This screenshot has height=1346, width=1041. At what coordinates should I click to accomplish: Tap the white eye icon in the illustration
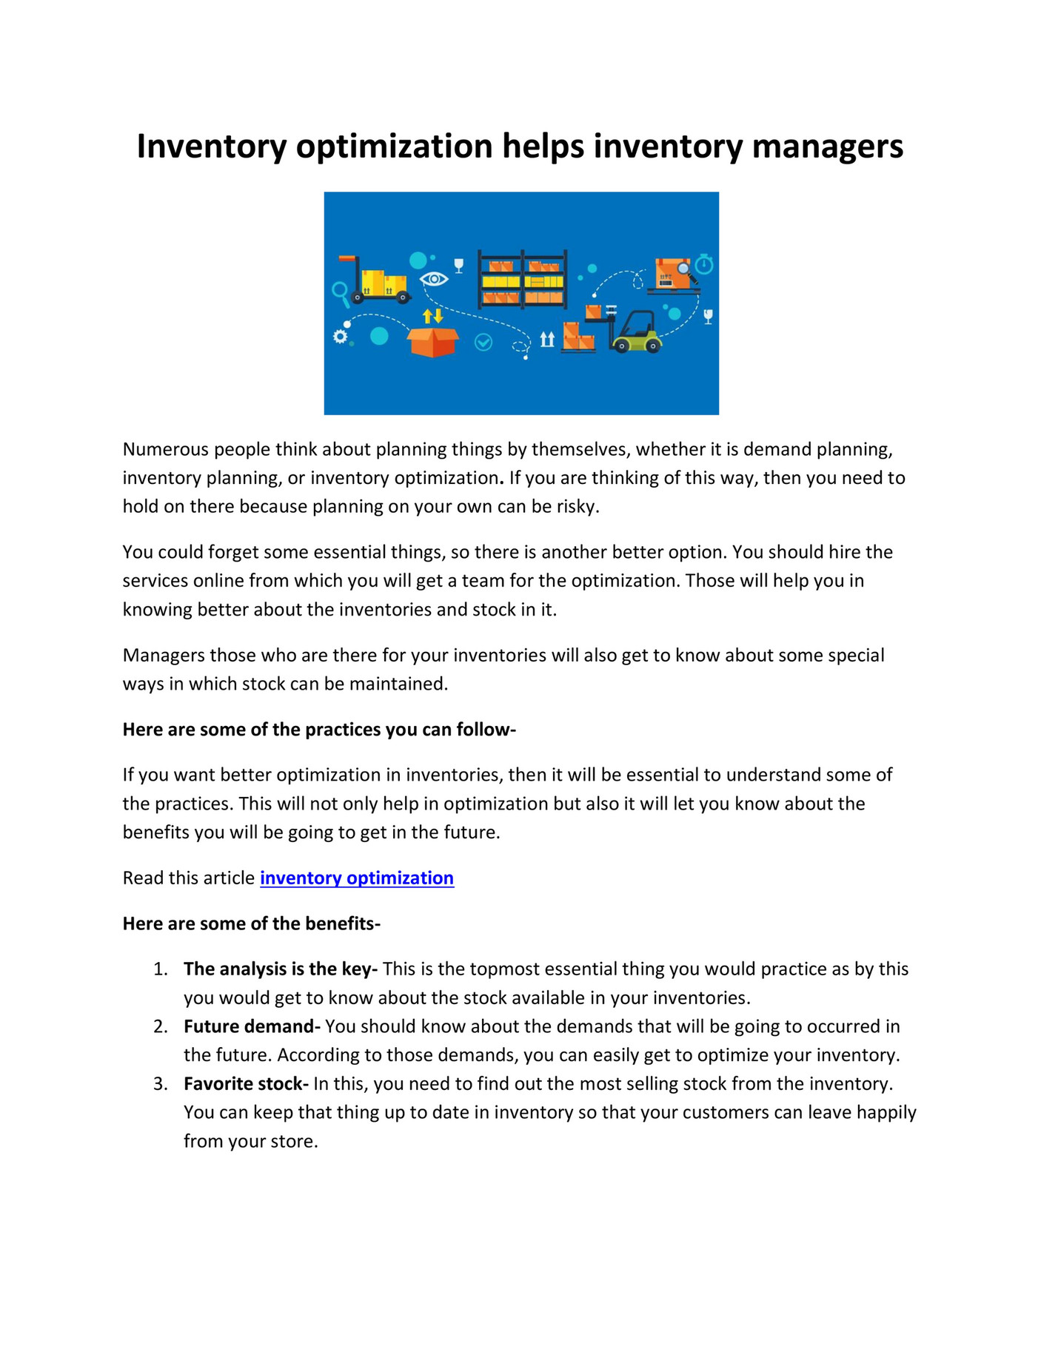click(434, 279)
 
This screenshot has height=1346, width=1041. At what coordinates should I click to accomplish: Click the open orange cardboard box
click(433, 342)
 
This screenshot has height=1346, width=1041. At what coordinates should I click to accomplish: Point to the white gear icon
click(340, 337)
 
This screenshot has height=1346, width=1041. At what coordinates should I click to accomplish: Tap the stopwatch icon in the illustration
click(704, 263)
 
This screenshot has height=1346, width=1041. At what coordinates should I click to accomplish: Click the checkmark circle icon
click(483, 342)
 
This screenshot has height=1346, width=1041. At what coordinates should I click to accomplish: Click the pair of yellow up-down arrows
click(432, 316)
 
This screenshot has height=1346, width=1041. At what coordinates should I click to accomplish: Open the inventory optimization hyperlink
click(356, 878)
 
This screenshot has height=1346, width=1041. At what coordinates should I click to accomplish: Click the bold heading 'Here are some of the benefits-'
click(251, 923)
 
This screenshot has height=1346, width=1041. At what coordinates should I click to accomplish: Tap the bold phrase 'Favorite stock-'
click(246, 1083)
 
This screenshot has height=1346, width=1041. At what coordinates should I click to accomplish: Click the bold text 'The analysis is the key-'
click(281, 969)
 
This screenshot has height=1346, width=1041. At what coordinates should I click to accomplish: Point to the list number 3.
click(160, 1084)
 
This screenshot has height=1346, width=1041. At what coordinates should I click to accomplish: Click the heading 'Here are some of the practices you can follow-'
click(318, 730)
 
